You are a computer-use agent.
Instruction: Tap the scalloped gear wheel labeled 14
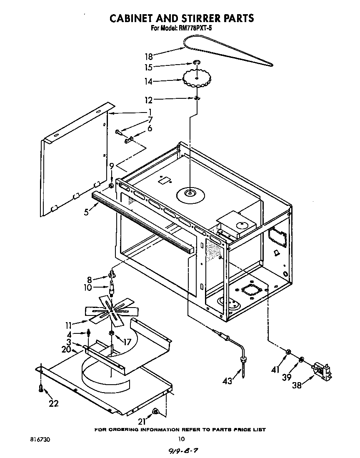tap(197, 78)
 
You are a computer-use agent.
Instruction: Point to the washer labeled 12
tap(196, 98)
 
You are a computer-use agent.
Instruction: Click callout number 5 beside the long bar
tap(86, 212)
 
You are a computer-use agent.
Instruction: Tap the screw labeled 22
tap(41, 388)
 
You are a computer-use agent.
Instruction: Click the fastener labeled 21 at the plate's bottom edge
tap(155, 412)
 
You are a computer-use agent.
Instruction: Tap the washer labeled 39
tap(301, 359)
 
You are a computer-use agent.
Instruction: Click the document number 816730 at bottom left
tap(42, 439)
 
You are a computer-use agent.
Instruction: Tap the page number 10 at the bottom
tap(181, 439)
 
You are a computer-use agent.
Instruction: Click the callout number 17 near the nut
tap(126, 342)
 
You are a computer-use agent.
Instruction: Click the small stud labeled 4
tap(89, 333)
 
